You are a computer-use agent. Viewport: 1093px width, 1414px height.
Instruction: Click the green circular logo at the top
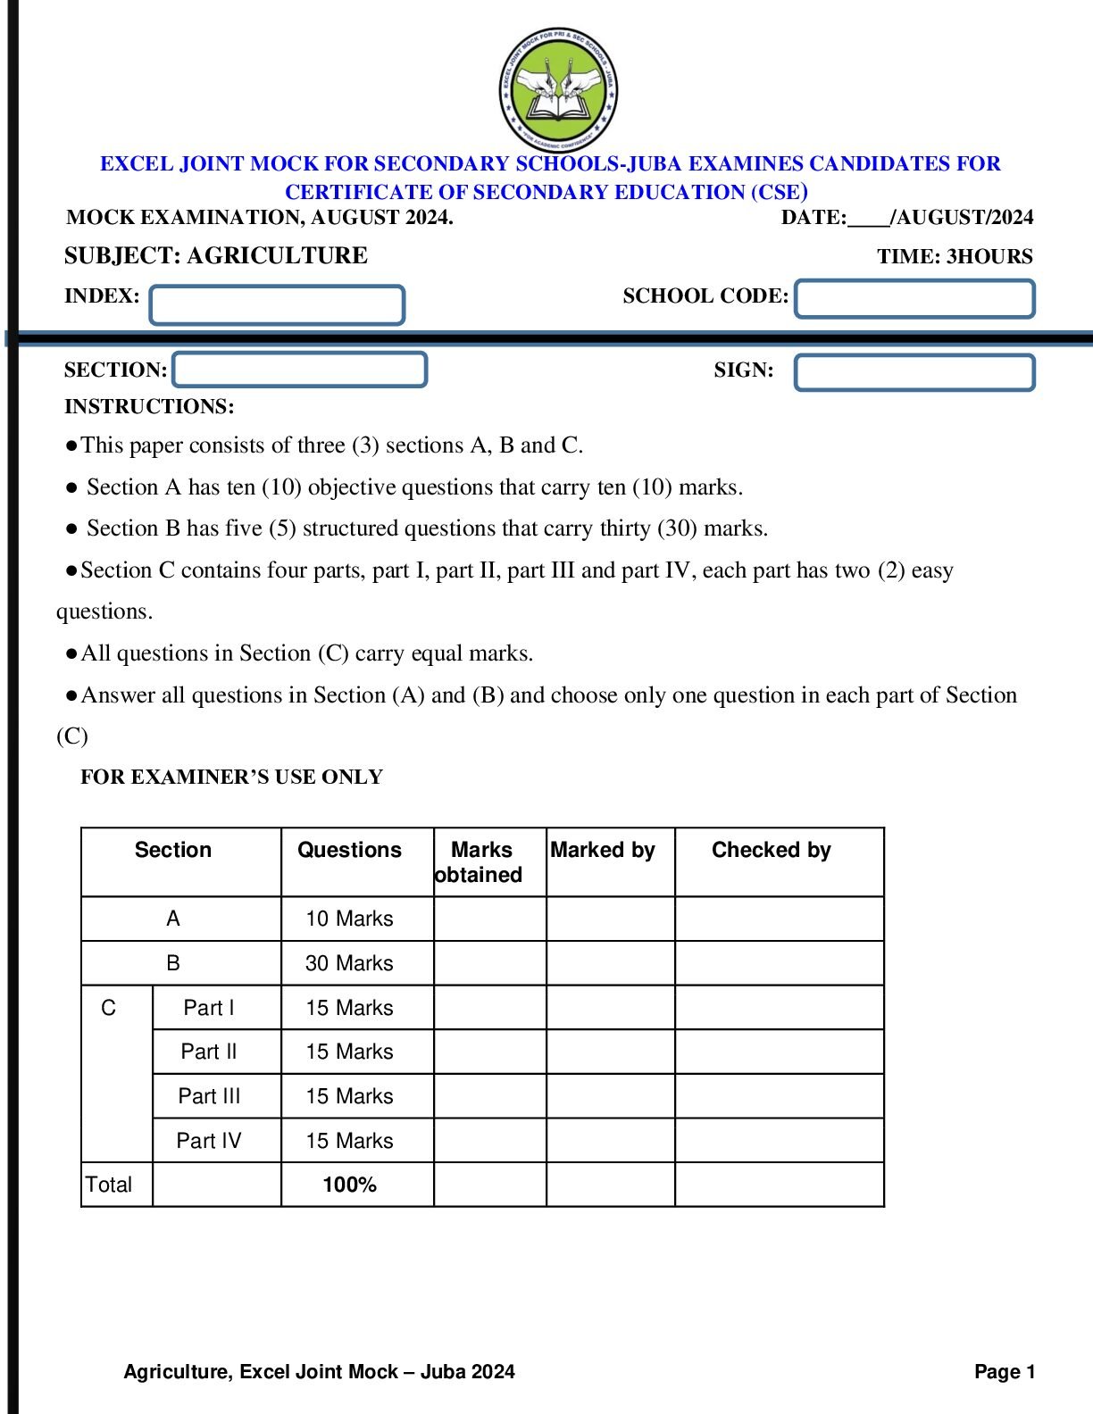coord(558,90)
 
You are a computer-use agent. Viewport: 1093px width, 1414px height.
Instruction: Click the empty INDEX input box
coord(277,305)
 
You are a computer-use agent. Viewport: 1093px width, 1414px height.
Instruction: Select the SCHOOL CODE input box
coord(914,299)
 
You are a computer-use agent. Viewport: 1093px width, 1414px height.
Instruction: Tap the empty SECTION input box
coord(299,370)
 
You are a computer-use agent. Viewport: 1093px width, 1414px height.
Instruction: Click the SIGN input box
coord(914,372)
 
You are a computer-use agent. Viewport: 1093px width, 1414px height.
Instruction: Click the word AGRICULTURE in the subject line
coord(277,256)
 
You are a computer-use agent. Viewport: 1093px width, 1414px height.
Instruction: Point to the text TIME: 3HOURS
coord(954,257)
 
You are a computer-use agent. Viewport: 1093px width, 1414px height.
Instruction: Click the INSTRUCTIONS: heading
coord(149,407)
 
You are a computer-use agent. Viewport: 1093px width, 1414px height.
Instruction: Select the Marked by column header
coord(603,851)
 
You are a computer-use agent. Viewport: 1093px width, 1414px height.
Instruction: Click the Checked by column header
coord(771,851)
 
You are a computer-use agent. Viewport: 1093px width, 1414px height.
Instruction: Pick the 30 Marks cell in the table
coord(349,963)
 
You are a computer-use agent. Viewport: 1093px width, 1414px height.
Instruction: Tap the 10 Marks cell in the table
coord(349,919)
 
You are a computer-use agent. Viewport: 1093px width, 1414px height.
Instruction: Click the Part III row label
coord(209,1096)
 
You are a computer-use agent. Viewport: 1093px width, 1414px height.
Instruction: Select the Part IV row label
coord(208,1141)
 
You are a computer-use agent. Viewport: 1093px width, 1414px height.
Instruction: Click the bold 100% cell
coord(349,1185)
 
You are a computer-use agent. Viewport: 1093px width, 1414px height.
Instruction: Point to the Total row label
coord(109,1185)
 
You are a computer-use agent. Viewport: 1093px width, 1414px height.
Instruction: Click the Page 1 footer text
coord(1005,1372)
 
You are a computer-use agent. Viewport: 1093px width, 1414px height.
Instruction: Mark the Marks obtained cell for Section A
coord(489,919)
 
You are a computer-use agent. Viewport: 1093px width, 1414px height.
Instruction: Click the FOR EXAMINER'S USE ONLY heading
coord(231,778)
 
